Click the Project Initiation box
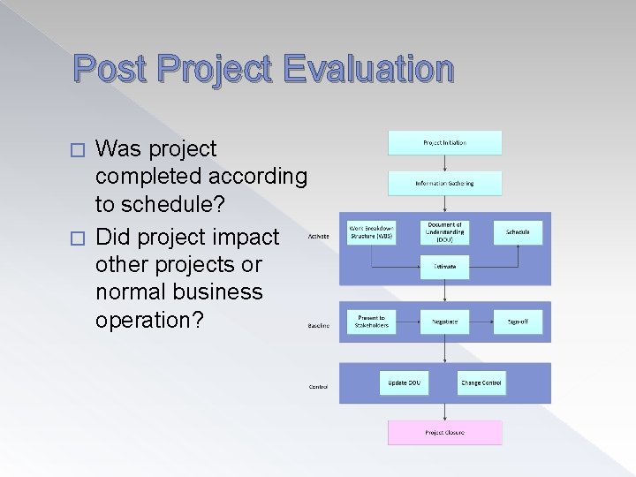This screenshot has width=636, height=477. click(444, 142)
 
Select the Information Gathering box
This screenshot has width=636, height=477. click(444, 183)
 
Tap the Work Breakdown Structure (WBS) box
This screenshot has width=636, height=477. click(372, 232)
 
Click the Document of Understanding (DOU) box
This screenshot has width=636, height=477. click(444, 232)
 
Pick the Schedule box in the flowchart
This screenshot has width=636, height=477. click(518, 232)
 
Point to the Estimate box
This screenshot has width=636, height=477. click(444, 266)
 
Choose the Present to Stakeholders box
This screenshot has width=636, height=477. click(372, 321)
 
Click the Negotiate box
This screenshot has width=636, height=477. click(444, 322)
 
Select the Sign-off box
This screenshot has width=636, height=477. click(518, 322)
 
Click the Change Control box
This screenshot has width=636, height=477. click(481, 382)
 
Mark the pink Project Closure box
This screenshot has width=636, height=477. click(444, 432)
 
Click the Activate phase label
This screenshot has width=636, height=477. click(319, 237)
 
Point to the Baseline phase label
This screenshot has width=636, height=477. click(319, 325)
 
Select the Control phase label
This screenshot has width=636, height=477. click(318, 386)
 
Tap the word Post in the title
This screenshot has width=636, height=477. click(107, 69)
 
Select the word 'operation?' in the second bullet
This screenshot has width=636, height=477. click(148, 319)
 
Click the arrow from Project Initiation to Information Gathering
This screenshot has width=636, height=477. click(444, 163)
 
